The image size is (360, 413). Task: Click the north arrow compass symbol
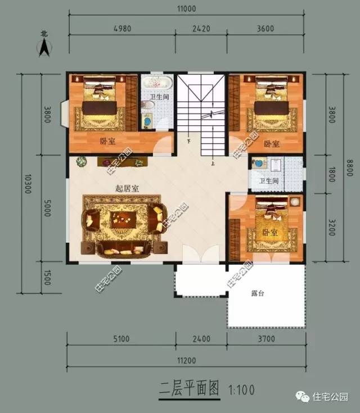(44, 47)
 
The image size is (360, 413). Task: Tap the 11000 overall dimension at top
(186, 8)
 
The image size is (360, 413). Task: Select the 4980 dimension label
(123, 29)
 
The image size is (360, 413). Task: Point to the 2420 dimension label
(201, 29)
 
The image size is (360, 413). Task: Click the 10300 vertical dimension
(28, 184)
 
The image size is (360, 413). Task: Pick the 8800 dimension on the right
(350, 168)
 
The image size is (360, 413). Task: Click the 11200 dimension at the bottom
(186, 360)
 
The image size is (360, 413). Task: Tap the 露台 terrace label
(258, 293)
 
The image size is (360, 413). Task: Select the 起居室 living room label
(127, 188)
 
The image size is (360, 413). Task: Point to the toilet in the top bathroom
(148, 105)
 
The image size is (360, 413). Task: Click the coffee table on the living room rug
(123, 219)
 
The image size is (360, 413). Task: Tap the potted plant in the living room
(82, 161)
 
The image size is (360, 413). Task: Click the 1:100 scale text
(241, 390)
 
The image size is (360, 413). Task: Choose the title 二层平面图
(189, 388)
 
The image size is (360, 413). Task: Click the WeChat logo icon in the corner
(302, 397)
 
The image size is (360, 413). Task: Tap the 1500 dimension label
(47, 278)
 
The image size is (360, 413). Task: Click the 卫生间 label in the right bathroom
(269, 181)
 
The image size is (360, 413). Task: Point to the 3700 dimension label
(267, 339)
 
